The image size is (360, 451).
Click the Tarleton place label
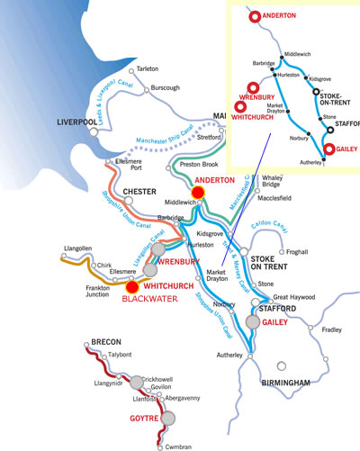tap(148, 68)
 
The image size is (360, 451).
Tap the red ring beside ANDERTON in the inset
tap(255, 15)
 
